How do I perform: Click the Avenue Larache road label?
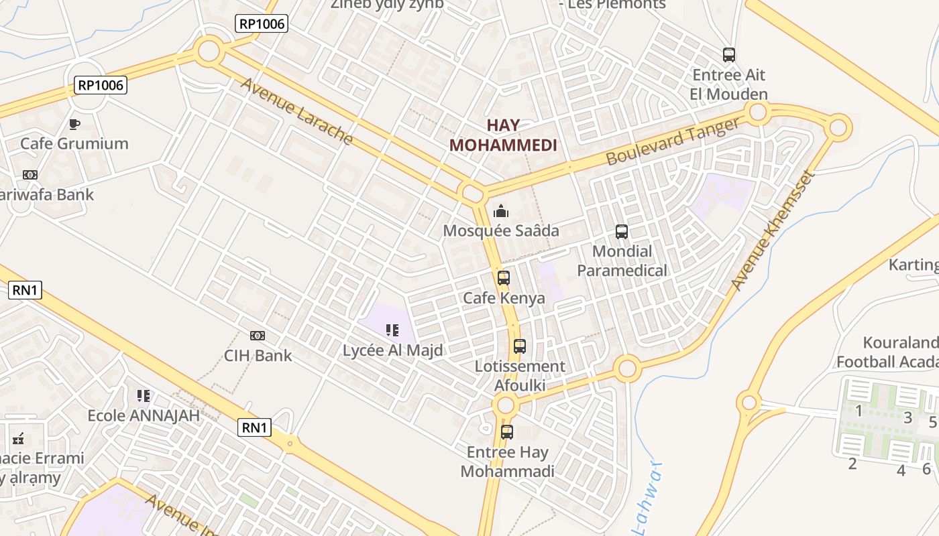point(296,111)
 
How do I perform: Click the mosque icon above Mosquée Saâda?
point(501,212)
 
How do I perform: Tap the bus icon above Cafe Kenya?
point(504,277)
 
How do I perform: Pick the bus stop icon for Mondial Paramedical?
point(622,232)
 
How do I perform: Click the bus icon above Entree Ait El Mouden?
point(729,55)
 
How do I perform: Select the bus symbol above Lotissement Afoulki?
point(520,346)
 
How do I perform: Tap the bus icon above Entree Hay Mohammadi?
point(507,432)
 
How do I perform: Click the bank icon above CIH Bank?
point(258,335)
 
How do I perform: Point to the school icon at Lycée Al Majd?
point(392,330)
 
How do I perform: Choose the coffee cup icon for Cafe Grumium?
point(74,124)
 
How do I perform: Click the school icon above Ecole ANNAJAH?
point(144,396)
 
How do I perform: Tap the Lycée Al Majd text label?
point(393,350)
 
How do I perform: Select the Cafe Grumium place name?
point(74,143)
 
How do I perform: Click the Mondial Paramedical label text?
point(622,261)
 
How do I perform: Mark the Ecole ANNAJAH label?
point(144,415)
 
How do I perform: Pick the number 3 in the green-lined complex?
point(907,417)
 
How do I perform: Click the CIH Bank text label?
point(258,355)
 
